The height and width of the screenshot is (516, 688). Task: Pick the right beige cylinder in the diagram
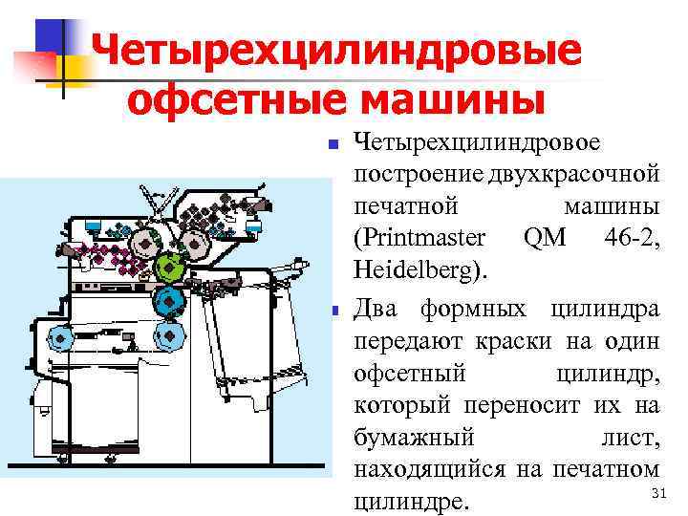click(197, 245)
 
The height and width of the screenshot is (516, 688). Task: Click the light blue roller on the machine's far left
click(62, 336)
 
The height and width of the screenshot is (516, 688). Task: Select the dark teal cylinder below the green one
click(170, 301)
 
